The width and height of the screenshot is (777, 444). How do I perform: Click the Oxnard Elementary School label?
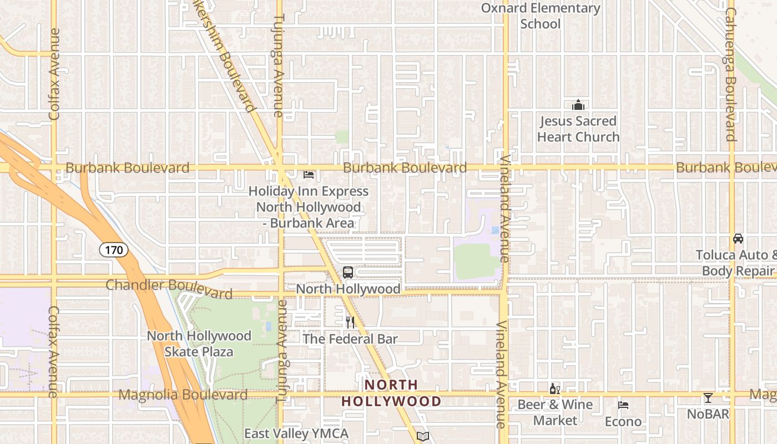(x=540, y=16)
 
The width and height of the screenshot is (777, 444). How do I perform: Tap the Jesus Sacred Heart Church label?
(x=578, y=129)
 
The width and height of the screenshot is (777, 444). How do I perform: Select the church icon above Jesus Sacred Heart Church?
(x=578, y=105)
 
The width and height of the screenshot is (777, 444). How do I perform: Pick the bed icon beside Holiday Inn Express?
(x=309, y=175)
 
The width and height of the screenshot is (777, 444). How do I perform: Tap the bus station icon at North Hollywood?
(x=348, y=273)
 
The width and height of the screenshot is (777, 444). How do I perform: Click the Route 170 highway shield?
(x=114, y=250)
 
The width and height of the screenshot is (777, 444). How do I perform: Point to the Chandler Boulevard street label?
(x=169, y=289)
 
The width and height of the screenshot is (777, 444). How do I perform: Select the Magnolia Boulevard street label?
(x=183, y=395)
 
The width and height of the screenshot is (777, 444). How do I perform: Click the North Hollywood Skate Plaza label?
(x=199, y=344)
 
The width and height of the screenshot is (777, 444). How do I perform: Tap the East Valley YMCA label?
(x=296, y=433)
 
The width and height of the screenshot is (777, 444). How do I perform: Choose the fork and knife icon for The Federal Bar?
(x=350, y=322)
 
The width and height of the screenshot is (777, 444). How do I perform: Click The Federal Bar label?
(x=350, y=339)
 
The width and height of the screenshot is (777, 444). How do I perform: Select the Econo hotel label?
(x=623, y=422)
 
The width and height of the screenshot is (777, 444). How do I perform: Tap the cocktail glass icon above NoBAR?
(x=708, y=397)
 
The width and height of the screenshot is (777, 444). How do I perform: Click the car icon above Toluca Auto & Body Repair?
(x=738, y=239)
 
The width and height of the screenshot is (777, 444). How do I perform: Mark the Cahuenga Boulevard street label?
(x=730, y=74)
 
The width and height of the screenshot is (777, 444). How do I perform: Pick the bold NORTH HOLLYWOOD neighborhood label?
(x=391, y=393)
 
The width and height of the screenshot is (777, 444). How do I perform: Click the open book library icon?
(x=423, y=437)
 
